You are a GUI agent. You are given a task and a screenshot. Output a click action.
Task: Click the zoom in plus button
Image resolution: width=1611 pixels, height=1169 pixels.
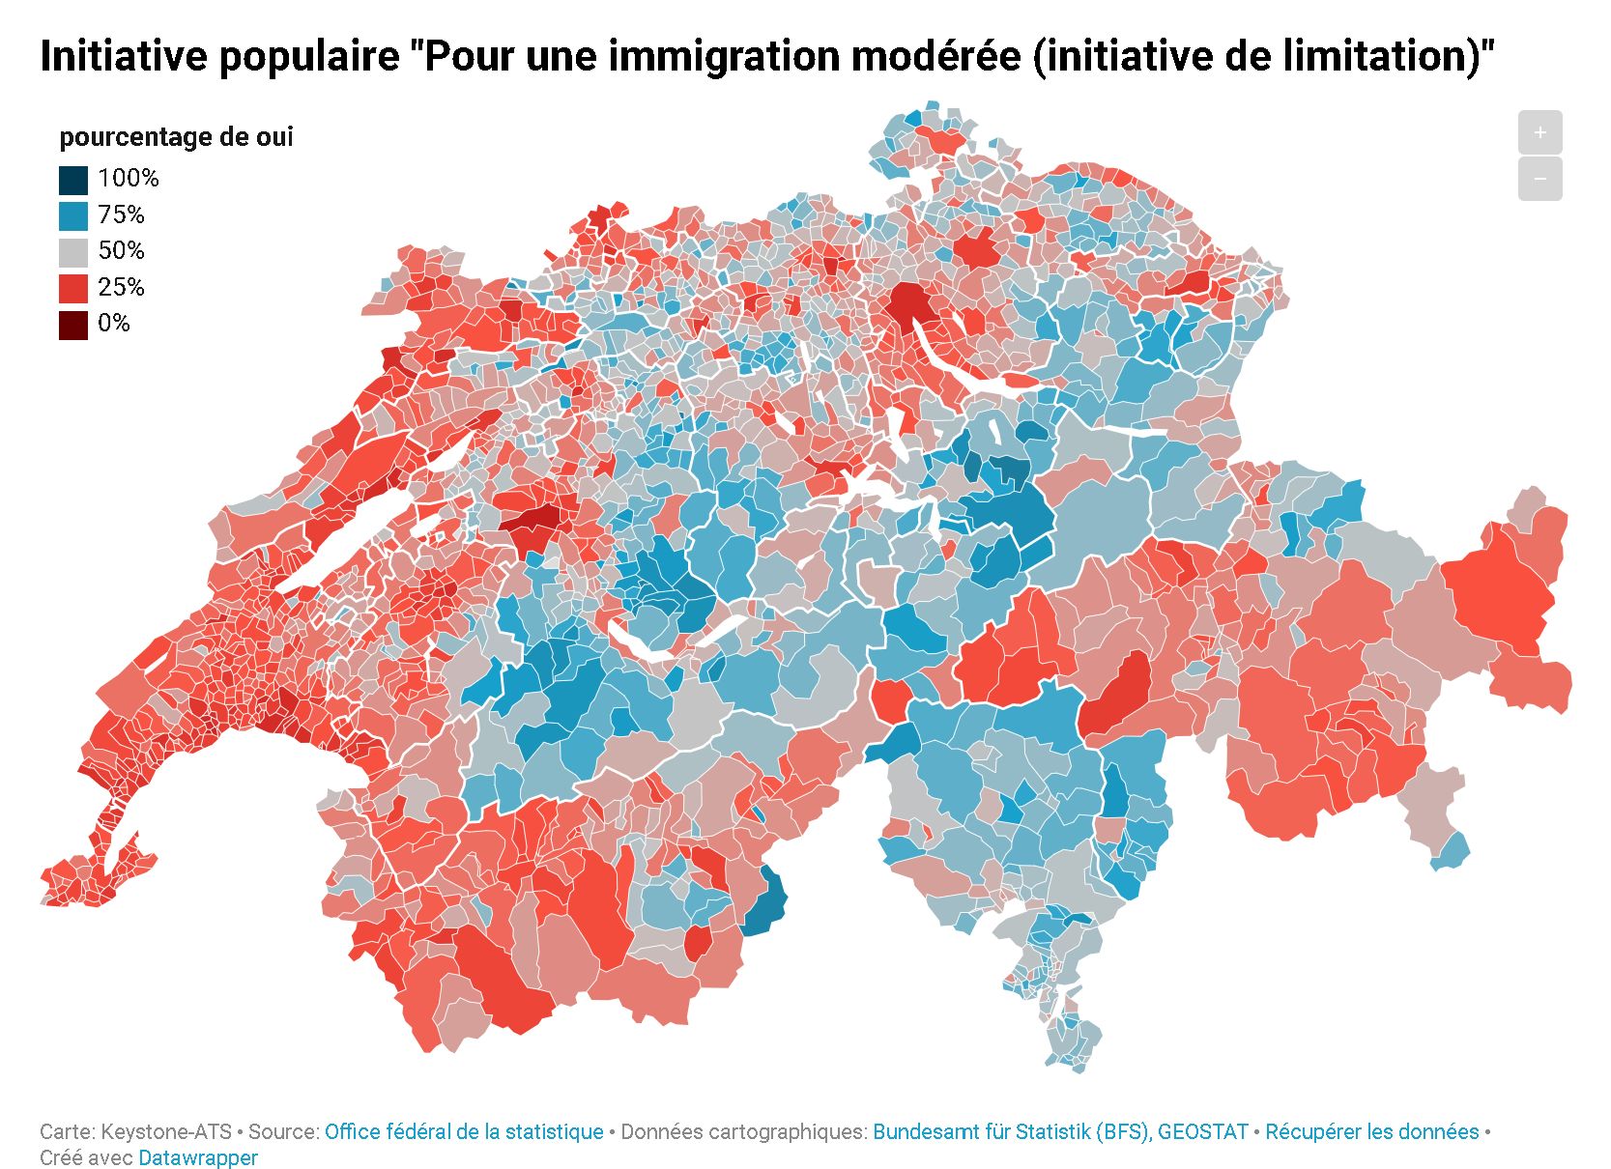pyautogui.click(x=1539, y=132)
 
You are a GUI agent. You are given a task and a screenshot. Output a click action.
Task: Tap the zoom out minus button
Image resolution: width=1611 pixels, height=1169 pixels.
pyautogui.click(x=1539, y=179)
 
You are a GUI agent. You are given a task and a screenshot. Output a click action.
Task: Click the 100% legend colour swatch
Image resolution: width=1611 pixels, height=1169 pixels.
pyautogui.click(x=73, y=180)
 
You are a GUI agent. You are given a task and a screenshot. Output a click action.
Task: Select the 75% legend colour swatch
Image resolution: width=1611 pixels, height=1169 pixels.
pyautogui.click(x=73, y=215)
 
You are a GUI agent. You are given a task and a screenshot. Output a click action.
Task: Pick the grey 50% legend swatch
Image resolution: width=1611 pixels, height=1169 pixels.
pyautogui.click(x=73, y=252)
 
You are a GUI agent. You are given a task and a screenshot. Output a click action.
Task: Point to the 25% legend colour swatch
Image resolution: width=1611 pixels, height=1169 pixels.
pyautogui.click(x=73, y=288)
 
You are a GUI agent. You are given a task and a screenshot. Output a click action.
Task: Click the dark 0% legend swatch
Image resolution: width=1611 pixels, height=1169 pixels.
pyautogui.click(x=73, y=325)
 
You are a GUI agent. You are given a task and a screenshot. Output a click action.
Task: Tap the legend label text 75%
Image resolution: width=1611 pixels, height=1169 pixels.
pyautogui.click(x=121, y=214)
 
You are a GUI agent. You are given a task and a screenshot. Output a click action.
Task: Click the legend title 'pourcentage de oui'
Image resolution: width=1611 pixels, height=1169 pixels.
pyautogui.click(x=176, y=137)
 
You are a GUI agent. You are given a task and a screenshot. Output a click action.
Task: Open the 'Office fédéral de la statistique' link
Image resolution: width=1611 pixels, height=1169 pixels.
pyautogui.click(x=464, y=1131)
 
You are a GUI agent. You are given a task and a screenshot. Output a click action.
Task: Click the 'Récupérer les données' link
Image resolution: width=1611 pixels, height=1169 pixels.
pyautogui.click(x=1371, y=1131)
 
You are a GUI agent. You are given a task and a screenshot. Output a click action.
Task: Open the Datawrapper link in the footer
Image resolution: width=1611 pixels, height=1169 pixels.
pyautogui.click(x=198, y=1157)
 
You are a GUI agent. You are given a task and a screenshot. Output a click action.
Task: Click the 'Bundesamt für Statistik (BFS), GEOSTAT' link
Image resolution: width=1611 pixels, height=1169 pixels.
pyautogui.click(x=1060, y=1131)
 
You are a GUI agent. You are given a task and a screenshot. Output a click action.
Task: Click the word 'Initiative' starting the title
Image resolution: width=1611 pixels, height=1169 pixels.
pyautogui.click(x=124, y=56)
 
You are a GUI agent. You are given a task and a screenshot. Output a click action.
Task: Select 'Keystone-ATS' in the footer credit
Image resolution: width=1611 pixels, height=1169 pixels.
pyautogui.click(x=166, y=1131)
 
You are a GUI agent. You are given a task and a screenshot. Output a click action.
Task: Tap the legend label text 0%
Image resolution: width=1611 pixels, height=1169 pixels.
pyautogui.click(x=114, y=324)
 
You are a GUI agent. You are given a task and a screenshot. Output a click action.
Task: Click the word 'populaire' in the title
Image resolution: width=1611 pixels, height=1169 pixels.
pyautogui.click(x=308, y=56)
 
